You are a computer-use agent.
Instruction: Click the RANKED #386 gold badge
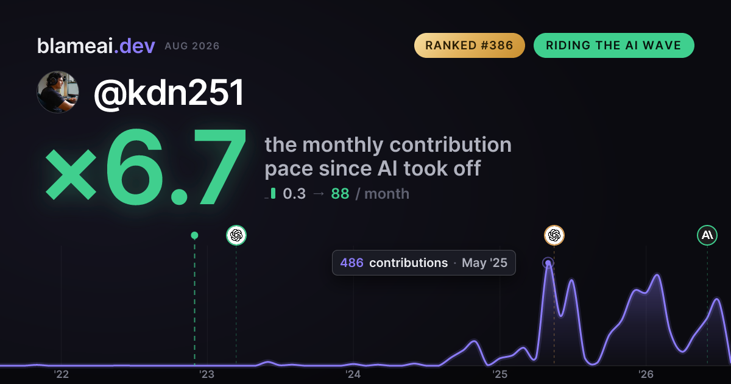469,45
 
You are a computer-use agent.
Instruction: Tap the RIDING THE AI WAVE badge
614,45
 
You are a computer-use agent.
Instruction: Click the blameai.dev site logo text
96,46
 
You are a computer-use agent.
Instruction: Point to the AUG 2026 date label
192,46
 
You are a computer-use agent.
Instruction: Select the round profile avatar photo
58,92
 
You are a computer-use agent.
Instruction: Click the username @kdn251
169,93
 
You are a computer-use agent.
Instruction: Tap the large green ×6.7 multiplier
146,166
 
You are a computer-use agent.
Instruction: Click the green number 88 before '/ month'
340,194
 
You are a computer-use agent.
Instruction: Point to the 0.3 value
294,194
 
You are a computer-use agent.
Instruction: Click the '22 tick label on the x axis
61,374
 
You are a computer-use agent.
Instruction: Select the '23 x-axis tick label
207,374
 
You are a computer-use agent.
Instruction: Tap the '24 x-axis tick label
353,374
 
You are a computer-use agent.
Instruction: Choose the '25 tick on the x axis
500,374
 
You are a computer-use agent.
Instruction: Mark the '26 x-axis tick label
646,374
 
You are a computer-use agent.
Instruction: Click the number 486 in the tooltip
352,263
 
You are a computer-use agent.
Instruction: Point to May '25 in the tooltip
485,263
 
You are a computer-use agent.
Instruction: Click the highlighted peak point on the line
548,263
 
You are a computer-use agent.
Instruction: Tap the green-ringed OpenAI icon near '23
236,235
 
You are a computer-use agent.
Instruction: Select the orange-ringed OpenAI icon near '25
554,235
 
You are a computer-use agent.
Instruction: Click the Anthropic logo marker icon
707,235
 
